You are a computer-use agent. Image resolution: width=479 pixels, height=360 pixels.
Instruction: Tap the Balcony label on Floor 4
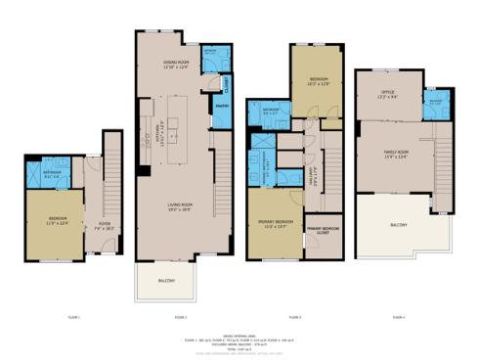[x=398, y=224]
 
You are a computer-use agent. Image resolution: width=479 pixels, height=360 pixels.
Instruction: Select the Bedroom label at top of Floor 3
[x=319, y=81]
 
